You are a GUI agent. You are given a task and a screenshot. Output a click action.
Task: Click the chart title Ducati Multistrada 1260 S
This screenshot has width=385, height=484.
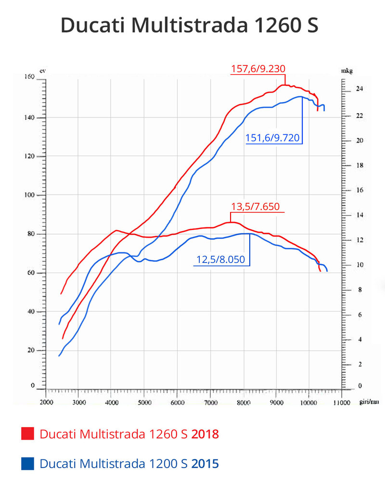[189, 26]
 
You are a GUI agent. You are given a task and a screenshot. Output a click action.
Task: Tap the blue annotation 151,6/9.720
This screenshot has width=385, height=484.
[272, 138]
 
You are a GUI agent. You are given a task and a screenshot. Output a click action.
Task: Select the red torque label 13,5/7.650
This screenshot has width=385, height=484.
[259, 207]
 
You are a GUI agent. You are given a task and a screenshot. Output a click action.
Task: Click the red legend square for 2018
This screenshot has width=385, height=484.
[28, 434]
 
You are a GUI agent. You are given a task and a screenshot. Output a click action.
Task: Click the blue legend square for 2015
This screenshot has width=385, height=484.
[28, 464]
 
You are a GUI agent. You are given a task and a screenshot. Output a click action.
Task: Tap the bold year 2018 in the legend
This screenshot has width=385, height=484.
[205, 434]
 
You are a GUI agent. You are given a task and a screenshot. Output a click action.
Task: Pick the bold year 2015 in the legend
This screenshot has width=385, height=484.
[205, 464]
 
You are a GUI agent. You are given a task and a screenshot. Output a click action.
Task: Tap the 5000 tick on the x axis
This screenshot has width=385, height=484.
[145, 402]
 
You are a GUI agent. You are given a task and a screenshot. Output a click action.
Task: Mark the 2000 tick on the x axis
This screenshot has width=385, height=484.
[46, 402]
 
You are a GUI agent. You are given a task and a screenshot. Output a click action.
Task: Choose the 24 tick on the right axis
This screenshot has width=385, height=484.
[359, 90]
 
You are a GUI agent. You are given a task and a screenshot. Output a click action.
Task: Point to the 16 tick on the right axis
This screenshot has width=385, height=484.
[359, 190]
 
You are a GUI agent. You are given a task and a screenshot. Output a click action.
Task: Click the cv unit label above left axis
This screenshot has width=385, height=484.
[42, 71]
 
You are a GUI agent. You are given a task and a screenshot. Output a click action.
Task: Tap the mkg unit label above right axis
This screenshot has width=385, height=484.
[347, 71]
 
